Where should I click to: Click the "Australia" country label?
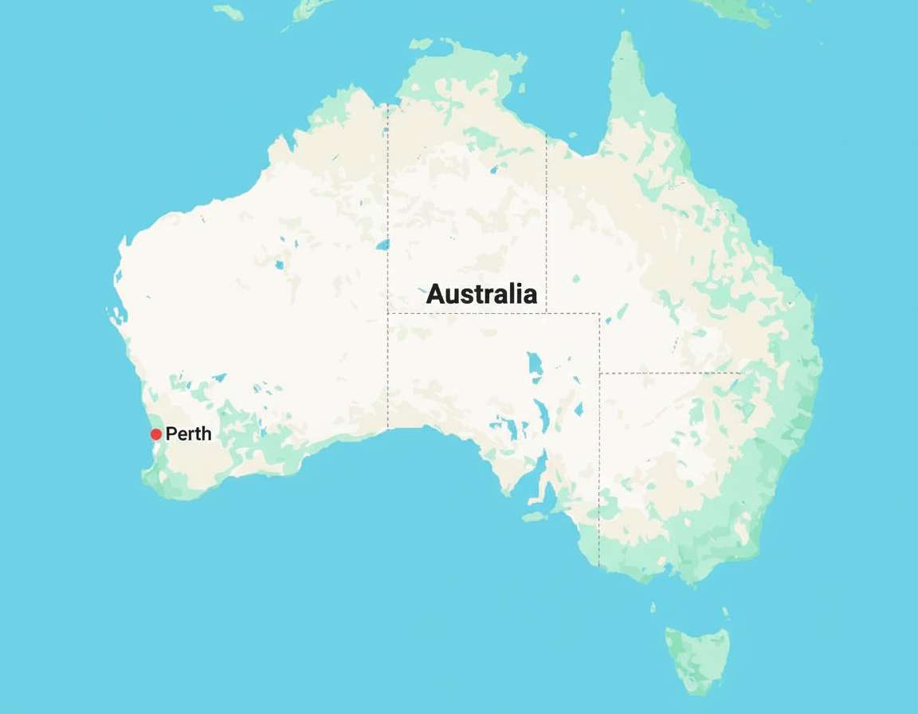[x=481, y=294]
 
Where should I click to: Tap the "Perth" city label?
[x=189, y=433]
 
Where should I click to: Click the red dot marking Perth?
[x=156, y=434]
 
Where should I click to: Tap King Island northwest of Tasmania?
[x=653, y=608]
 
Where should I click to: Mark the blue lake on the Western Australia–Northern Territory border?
[x=383, y=245]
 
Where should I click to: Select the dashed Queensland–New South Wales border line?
[x=669, y=372]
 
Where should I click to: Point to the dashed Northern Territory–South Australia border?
[x=478, y=313]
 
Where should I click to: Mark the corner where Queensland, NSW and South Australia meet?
[x=599, y=372]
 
